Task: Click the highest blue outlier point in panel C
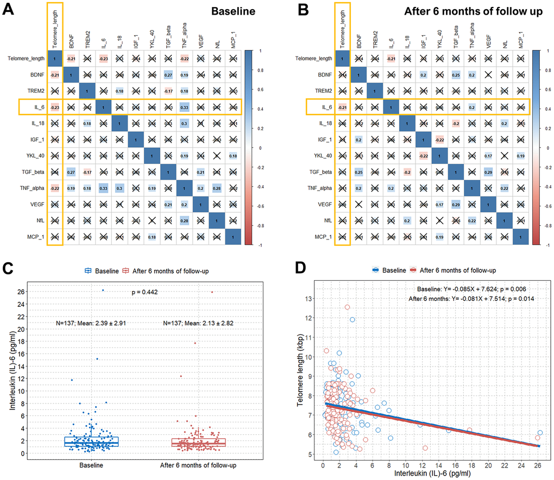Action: point(103,290)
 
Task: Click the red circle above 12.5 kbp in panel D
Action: point(347,307)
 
